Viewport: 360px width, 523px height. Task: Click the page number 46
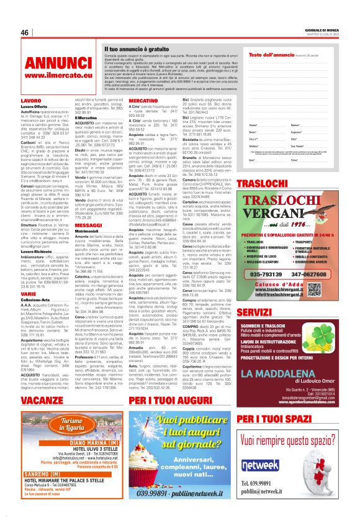click(25, 32)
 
